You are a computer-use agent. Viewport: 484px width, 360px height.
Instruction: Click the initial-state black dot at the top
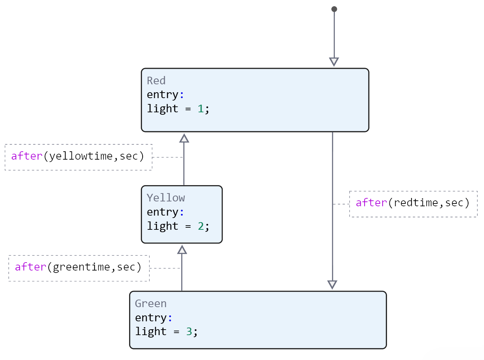(x=334, y=9)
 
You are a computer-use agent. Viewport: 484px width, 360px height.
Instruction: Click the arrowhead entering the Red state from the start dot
(x=334, y=62)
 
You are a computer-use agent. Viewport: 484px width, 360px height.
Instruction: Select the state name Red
(x=156, y=81)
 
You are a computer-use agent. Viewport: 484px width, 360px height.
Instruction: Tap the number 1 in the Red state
(x=201, y=109)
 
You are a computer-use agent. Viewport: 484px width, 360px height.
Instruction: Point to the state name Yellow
(x=166, y=198)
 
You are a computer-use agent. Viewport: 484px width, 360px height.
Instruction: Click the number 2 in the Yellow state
(x=201, y=226)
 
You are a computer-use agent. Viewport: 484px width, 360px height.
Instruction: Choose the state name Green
(x=151, y=304)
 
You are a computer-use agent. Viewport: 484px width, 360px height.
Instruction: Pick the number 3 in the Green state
(x=189, y=332)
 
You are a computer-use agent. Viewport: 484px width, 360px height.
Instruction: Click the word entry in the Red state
(x=163, y=95)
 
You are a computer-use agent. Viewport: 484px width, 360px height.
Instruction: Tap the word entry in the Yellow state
(x=163, y=212)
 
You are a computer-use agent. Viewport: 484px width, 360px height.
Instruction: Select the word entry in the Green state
(x=151, y=318)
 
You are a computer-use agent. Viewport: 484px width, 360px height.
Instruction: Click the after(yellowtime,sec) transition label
(x=78, y=156)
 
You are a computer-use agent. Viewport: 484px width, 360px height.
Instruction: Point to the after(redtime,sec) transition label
(x=413, y=203)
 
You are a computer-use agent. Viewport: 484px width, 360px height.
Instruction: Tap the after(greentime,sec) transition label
(x=78, y=267)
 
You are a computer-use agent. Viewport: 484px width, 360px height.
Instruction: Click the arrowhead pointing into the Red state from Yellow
(x=184, y=138)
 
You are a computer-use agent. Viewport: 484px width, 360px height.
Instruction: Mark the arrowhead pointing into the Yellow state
(x=182, y=249)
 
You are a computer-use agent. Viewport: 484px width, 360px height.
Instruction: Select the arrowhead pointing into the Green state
(x=332, y=285)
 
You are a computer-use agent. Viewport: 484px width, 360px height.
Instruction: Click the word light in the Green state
(x=151, y=332)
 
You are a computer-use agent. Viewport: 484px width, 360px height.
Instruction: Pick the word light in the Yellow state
(x=163, y=226)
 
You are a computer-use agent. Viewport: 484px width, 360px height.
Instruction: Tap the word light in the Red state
(x=163, y=109)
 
